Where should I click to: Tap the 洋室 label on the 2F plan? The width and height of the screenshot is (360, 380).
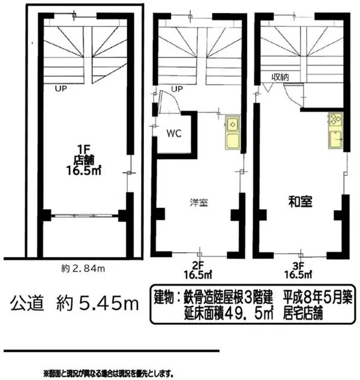(199, 202)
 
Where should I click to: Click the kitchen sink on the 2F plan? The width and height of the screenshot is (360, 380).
(232, 124)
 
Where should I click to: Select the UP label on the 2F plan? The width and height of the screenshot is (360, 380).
(177, 89)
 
